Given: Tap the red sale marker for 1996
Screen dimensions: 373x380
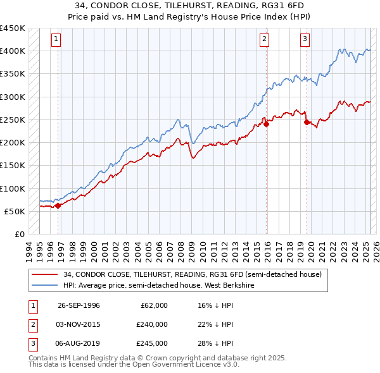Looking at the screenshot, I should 58,205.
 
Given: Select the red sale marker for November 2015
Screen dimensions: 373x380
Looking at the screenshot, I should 267,124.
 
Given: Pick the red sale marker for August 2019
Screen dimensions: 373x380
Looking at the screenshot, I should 307,122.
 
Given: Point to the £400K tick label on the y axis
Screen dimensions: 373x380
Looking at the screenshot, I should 13,51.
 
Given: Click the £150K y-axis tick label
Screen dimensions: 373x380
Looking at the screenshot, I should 13,165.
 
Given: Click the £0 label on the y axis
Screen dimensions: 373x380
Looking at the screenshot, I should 19,234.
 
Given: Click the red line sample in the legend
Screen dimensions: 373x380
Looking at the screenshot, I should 45,274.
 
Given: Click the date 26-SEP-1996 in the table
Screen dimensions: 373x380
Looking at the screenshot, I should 79,305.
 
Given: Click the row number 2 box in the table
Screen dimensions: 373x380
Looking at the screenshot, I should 31,324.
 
